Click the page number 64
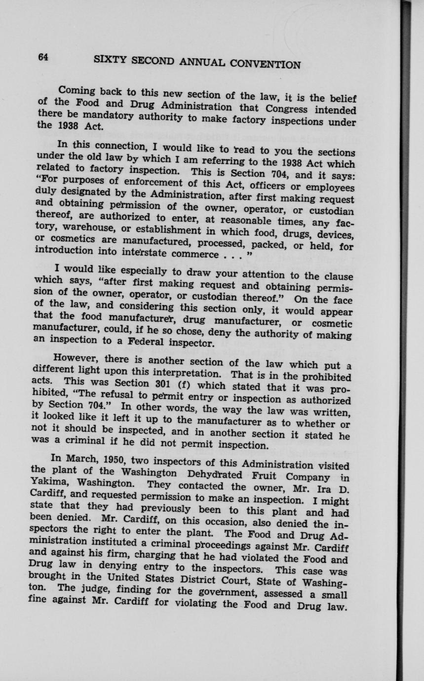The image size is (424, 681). (43, 57)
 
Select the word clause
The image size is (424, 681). (335, 276)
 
